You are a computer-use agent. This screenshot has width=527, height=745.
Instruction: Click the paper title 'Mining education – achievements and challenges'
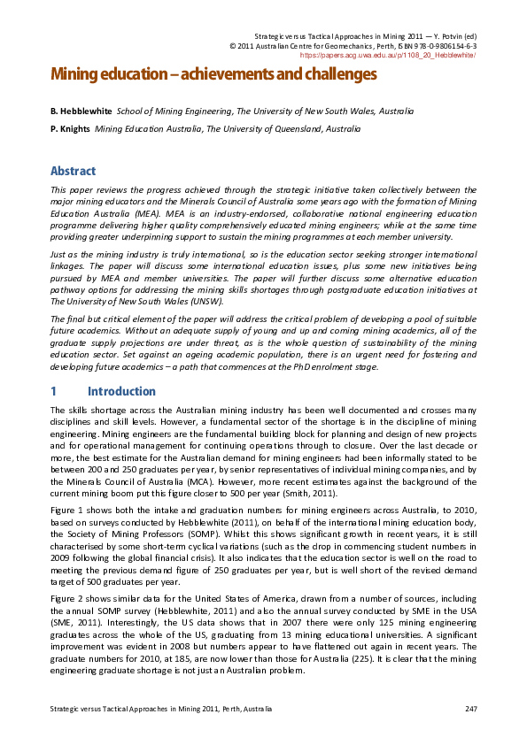[x=213, y=74]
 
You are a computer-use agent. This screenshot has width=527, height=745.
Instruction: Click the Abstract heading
[x=73, y=171]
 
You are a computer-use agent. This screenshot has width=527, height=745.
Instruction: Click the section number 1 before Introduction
[x=54, y=390]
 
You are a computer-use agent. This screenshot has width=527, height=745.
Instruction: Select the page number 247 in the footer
[x=470, y=709]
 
